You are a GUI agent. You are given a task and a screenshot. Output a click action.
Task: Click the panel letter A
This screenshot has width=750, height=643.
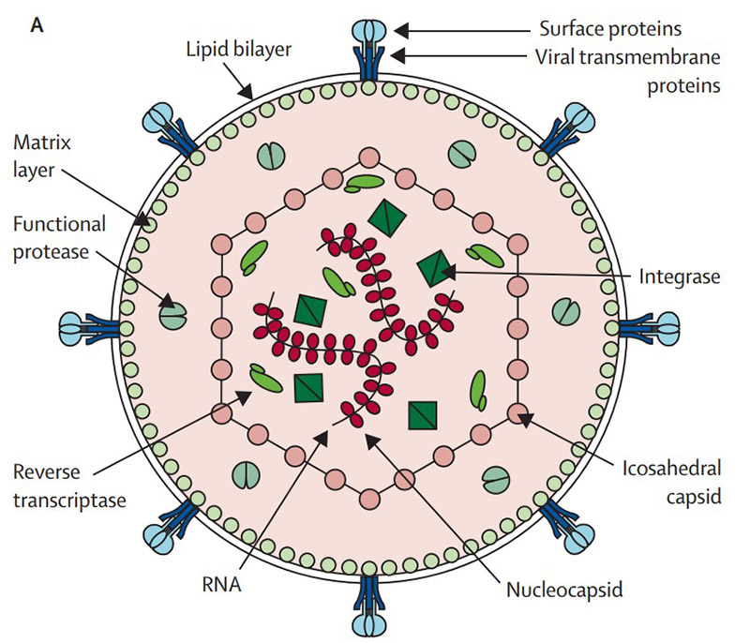point(37,25)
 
